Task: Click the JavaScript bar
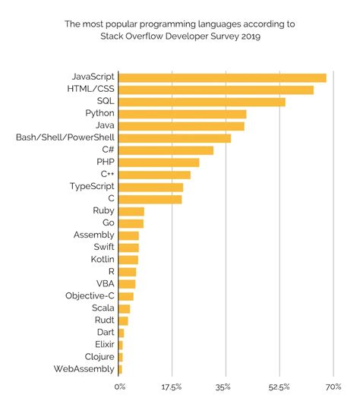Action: point(223,77)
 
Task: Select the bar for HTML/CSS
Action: point(216,90)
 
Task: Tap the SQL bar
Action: point(202,102)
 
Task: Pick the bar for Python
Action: point(182,114)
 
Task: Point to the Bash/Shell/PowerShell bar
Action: point(175,138)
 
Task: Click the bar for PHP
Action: point(159,163)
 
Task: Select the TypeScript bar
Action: point(151,187)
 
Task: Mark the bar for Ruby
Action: point(131,211)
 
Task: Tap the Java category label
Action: point(103,126)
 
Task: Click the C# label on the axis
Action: point(107,150)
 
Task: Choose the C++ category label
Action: point(107,175)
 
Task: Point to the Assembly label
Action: point(93,235)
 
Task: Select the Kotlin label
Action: point(101,260)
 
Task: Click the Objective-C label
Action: point(90,296)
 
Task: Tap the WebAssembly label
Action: point(84,369)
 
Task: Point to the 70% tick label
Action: point(333,387)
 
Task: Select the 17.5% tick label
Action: point(172,387)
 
